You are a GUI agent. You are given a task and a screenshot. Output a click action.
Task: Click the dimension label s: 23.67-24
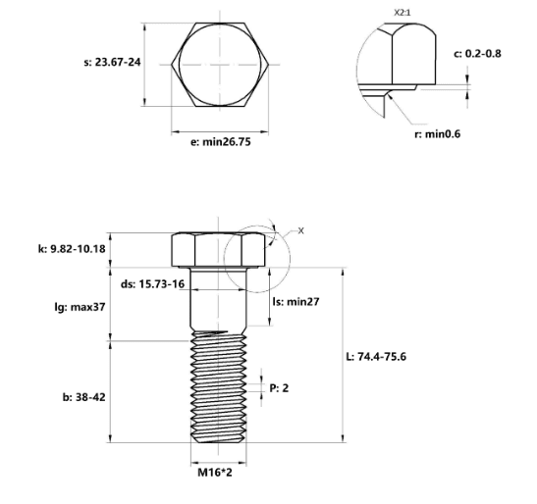[112, 63]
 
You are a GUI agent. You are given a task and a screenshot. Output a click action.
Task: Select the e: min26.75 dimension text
[221, 141]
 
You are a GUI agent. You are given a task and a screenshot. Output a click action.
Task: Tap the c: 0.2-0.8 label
[477, 54]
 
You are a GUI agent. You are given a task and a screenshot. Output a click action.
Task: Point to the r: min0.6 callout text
[437, 134]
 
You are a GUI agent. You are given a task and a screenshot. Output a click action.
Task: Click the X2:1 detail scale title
[403, 13]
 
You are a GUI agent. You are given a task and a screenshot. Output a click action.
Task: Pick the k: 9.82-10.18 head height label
[72, 249]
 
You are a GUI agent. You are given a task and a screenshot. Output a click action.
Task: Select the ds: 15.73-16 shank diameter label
[152, 284]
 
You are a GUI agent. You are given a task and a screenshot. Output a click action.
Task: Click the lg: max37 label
[80, 307]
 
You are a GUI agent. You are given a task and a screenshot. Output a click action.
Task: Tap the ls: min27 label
[295, 301]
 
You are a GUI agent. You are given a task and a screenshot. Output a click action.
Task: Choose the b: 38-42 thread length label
[83, 397]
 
